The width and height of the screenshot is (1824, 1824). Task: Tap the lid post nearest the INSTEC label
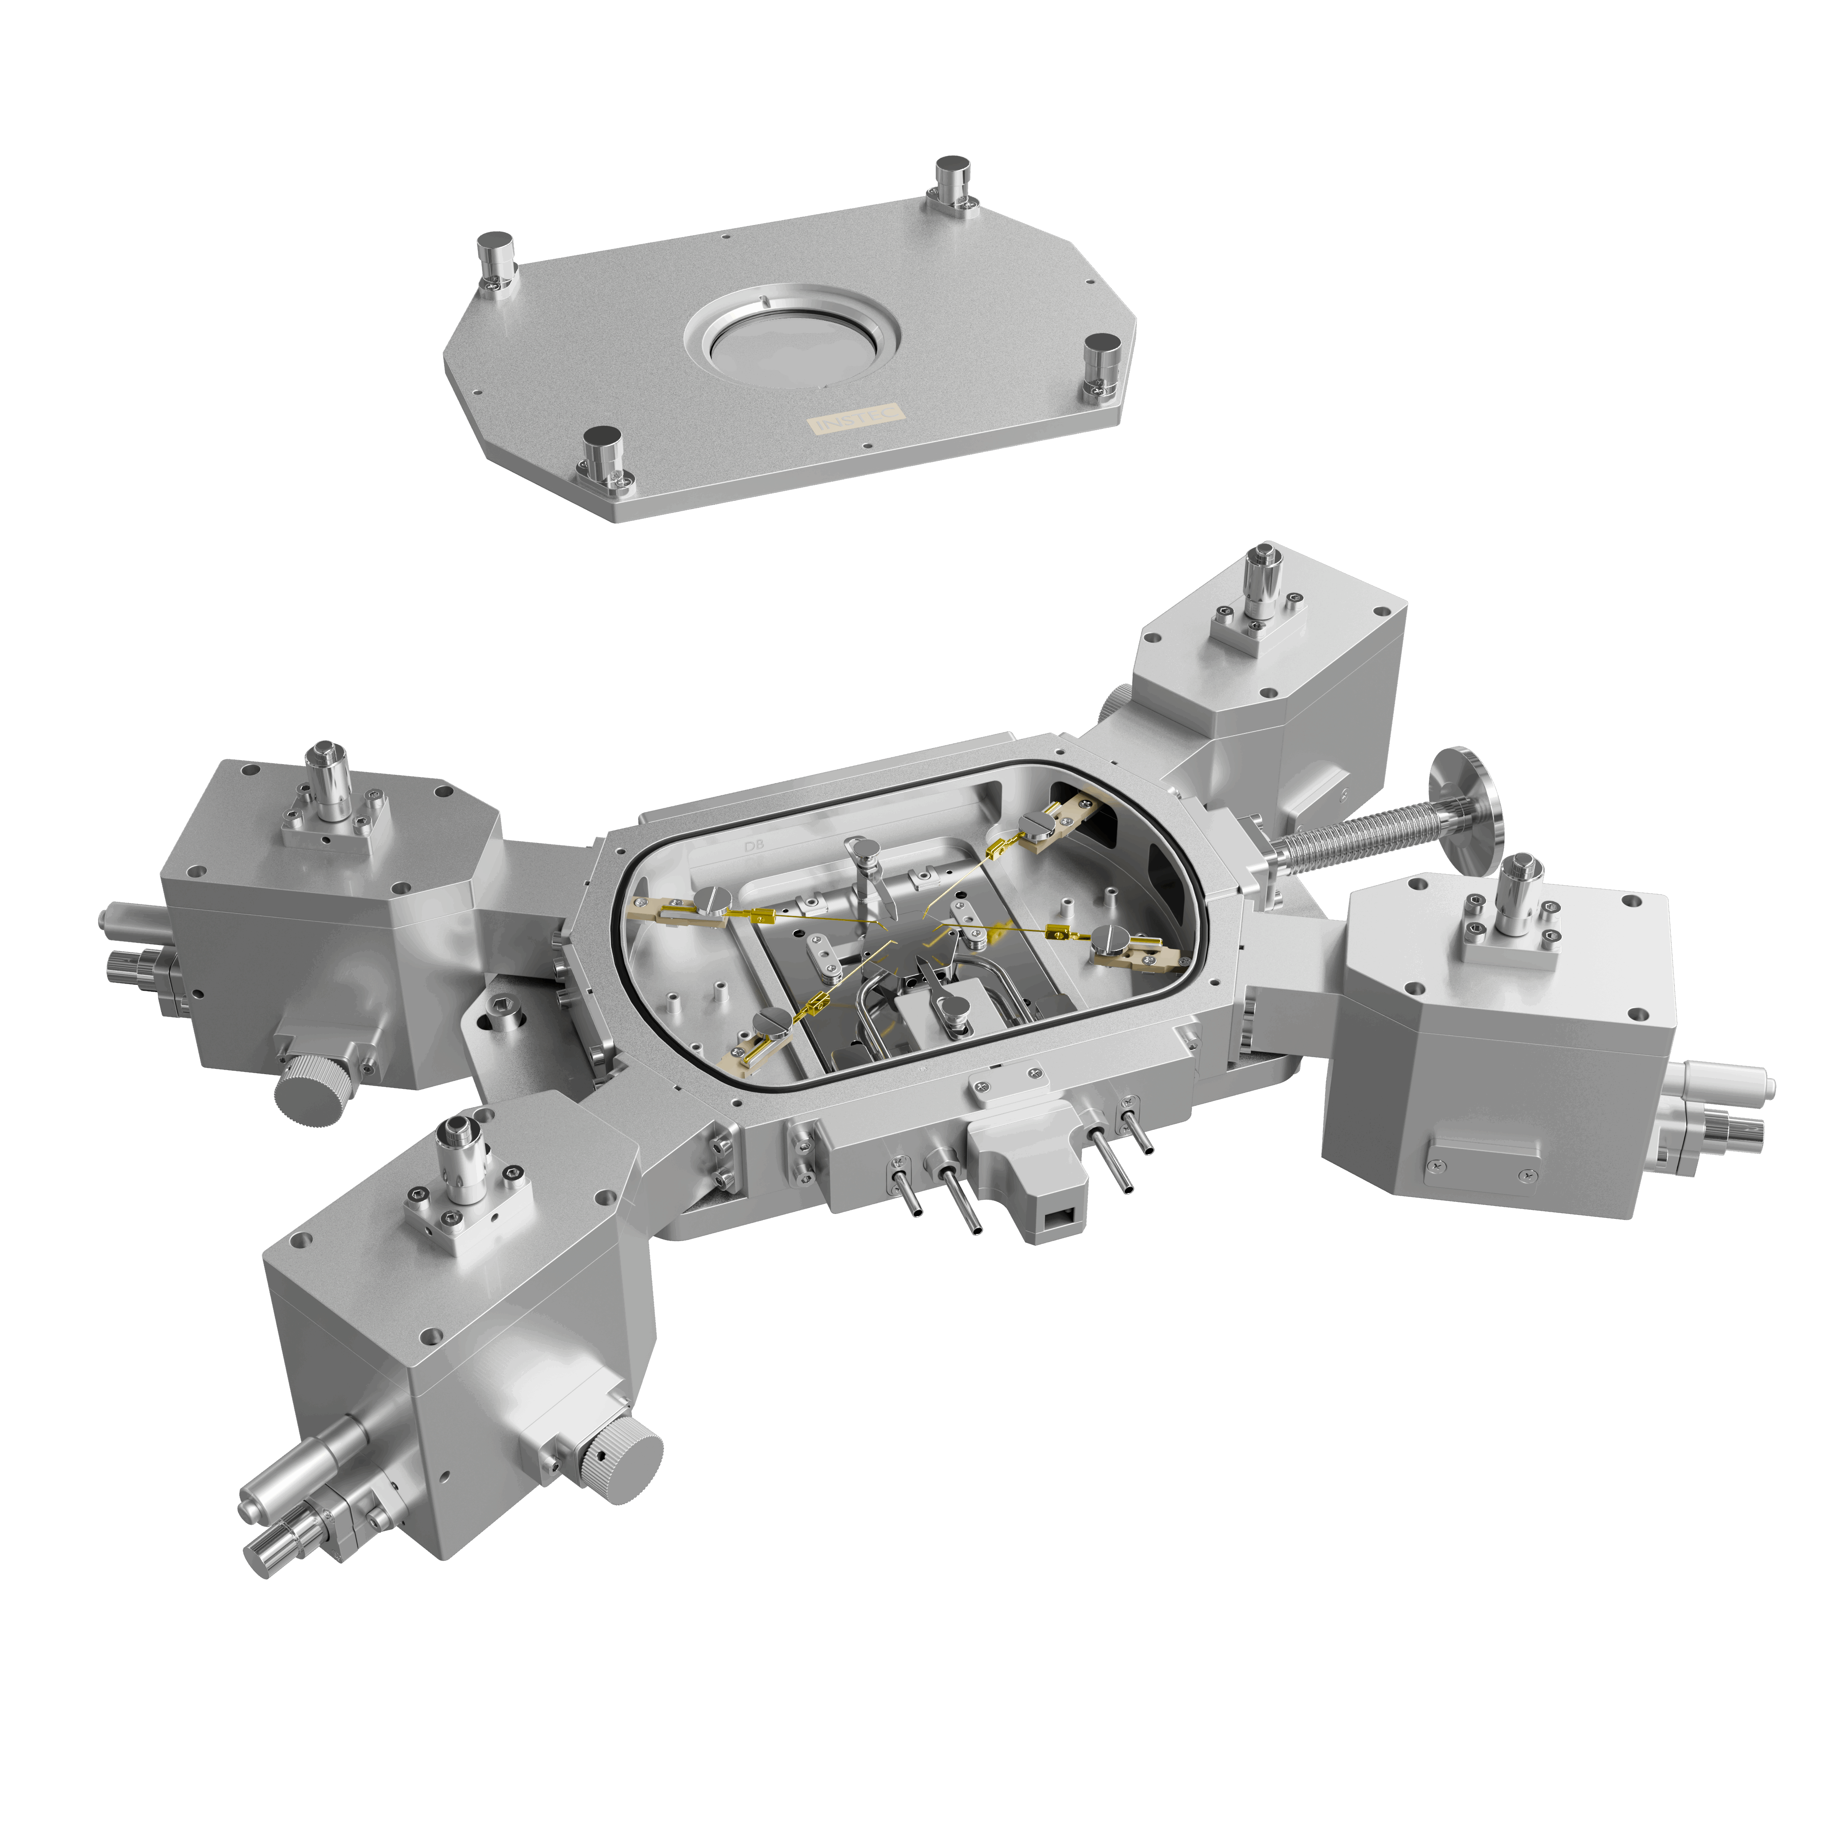tap(601, 455)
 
